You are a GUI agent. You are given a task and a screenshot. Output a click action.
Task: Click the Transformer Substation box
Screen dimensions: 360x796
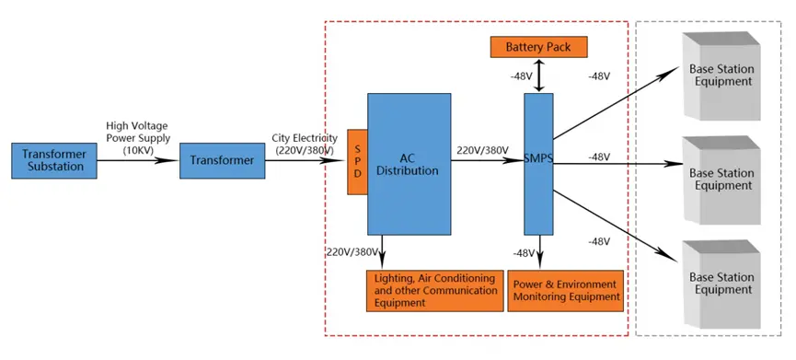coord(52,160)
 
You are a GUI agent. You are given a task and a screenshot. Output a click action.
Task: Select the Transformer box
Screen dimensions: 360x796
coord(221,160)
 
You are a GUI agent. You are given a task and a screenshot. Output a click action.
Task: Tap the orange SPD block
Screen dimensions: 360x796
coord(357,161)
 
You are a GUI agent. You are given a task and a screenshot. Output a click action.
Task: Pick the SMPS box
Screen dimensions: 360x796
coord(538,163)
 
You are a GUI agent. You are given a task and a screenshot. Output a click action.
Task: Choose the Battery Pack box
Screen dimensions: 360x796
coord(538,45)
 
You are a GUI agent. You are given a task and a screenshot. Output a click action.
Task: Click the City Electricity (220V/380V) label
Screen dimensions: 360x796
coord(302,143)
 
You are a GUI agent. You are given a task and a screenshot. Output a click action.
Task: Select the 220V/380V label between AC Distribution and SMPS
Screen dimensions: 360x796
coord(482,149)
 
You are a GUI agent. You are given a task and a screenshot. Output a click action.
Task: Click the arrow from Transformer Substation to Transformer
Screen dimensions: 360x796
coord(137,160)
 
